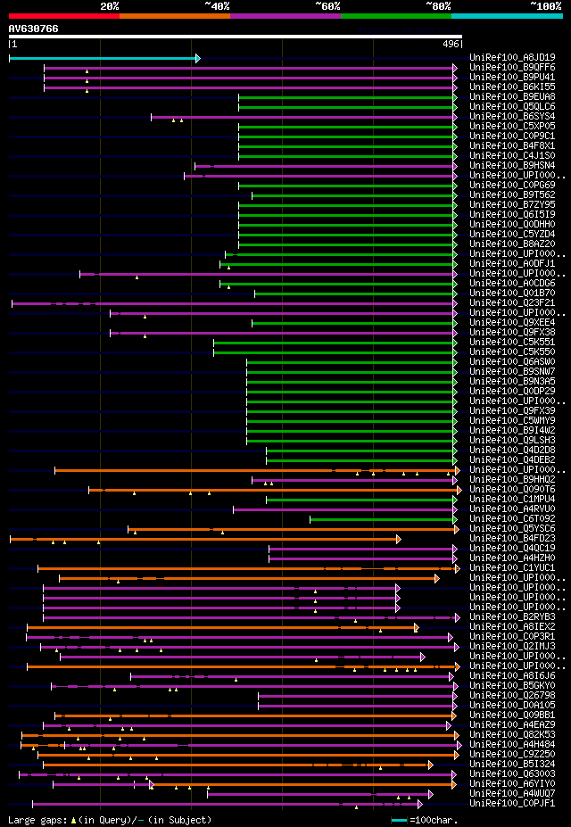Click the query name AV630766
pyautogui.click(x=34, y=29)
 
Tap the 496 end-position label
pyautogui.click(x=451, y=43)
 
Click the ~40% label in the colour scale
pyautogui.click(x=217, y=5)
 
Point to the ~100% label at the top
pyautogui.click(x=545, y=5)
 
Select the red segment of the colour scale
pyautogui.click(x=63, y=15)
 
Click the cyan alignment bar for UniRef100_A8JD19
pyautogui.click(x=103, y=58)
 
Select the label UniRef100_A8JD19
pyautogui.click(x=512, y=58)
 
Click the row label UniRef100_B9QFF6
pyautogui.click(x=512, y=68)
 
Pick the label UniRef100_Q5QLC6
pyautogui.click(x=512, y=107)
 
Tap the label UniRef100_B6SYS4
pyautogui.click(x=512, y=117)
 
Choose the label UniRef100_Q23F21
pyautogui.click(x=512, y=303)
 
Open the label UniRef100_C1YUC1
pyautogui.click(x=512, y=568)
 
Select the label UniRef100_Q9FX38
pyautogui.click(x=512, y=333)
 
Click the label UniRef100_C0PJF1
pyautogui.click(x=512, y=804)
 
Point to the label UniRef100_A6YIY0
pyautogui.click(x=512, y=784)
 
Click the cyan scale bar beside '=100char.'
pyautogui.click(x=399, y=820)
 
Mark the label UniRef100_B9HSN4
pyautogui.click(x=512, y=166)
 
